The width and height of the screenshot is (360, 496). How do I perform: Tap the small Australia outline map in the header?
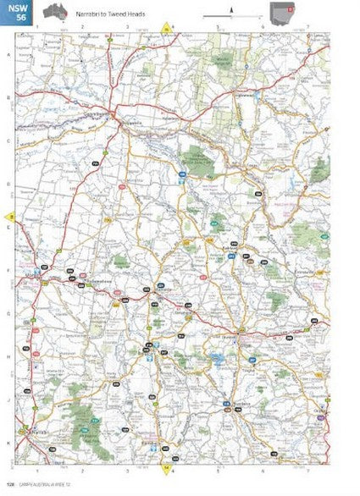click(56, 11)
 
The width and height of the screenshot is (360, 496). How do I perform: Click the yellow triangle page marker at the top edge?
click(168, 30)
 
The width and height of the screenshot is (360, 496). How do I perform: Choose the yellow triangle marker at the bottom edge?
click(166, 465)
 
